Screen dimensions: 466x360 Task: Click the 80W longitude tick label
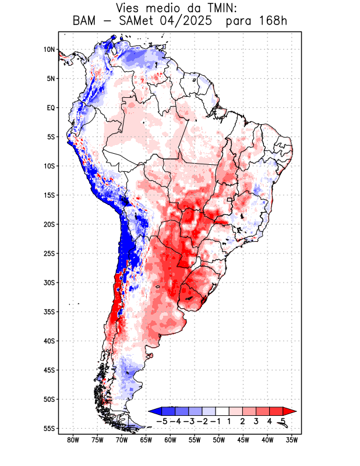[x=73, y=440]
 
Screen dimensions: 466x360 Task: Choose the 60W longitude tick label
[x=170, y=440]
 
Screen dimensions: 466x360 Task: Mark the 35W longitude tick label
[x=292, y=440]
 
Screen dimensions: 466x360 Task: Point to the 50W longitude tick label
[x=219, y=440]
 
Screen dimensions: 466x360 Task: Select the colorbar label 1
[x=230, y=421]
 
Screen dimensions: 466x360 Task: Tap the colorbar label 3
[x=256, y=421]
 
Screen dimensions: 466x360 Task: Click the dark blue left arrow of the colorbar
[x=154, y=411]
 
